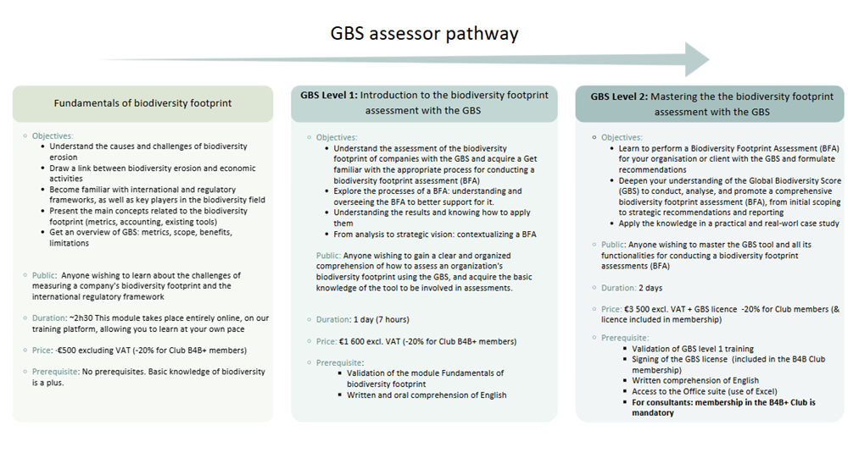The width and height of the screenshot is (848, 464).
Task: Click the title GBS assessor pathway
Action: [424, 34]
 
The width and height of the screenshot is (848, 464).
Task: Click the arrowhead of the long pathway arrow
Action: [697, 59]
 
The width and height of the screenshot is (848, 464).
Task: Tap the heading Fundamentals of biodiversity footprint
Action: [142, 103]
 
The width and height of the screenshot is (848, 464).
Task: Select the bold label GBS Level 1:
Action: [329, 95]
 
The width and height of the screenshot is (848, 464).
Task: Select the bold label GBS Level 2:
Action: [619, 97]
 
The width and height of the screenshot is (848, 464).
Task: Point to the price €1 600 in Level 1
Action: [353, 341]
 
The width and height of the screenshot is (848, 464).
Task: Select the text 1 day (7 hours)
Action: [382, 320]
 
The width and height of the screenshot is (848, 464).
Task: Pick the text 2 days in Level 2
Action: [650, 288]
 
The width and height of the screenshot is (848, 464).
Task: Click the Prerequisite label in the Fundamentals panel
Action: [55, 372]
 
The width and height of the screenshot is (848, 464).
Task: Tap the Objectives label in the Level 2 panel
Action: [622, 138]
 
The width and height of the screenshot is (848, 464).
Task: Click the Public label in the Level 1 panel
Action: [328, 256]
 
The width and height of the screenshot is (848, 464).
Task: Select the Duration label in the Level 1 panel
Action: [333, 320]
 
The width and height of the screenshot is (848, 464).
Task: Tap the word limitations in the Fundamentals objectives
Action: [70, 243]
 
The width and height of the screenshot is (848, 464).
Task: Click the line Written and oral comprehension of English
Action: [427, 395]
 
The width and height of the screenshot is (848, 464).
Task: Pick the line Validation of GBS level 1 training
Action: [693, 349]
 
